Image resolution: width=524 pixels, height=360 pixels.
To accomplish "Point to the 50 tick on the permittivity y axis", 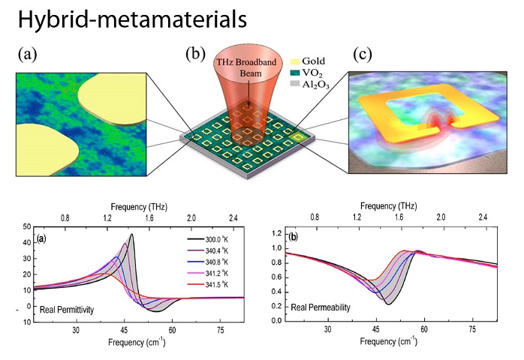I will tap(27, 226).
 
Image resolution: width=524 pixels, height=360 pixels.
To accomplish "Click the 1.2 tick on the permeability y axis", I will tap(276, 232).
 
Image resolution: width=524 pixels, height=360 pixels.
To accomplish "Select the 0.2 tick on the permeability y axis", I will tap(276, 305).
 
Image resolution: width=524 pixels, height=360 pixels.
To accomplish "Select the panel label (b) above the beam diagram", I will tap(196, 54).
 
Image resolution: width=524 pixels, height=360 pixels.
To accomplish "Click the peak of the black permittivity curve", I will tap(131, 234).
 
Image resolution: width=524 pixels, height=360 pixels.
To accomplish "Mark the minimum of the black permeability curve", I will tap(387, 304).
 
